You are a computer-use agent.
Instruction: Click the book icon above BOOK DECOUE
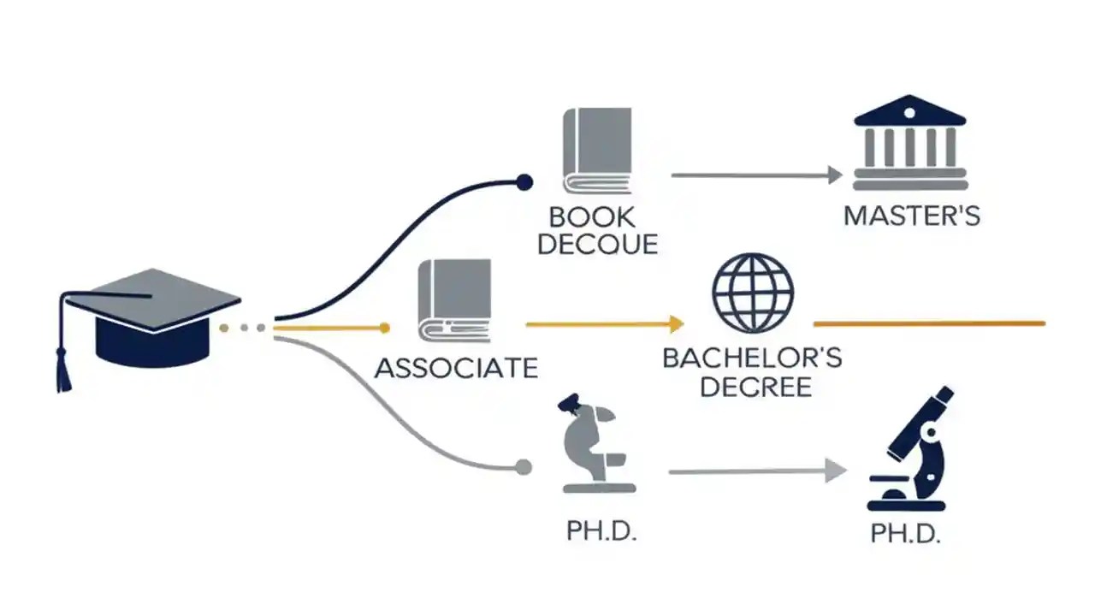pos(597,151)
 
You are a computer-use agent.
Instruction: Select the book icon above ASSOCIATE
pos(454,300)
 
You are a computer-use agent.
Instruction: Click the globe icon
pos(753,293)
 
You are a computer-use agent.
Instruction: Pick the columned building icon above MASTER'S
pos(910,143)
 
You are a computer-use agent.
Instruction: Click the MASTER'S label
pos(911,215)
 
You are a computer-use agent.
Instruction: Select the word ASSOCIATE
pos(457,368)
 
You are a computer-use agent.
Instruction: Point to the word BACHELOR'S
pos(752,357)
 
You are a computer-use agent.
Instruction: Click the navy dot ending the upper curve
pos(524,182)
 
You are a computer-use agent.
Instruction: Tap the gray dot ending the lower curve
pos(524,467)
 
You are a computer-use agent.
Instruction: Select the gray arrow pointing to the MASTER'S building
pos(757,175)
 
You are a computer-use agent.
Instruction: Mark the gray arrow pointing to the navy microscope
pos(757,471)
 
